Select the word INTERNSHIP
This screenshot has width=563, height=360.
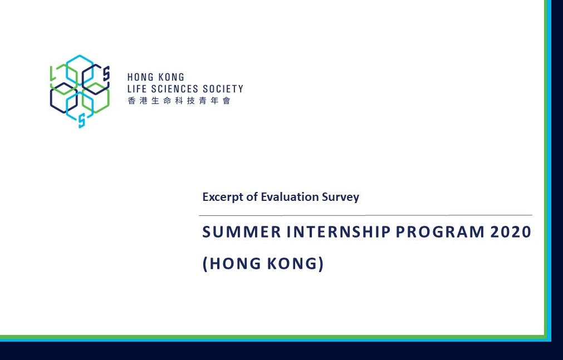point(339,232)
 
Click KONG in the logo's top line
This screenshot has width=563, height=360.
point(172,77)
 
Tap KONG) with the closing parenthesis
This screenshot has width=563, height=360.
point(296,263)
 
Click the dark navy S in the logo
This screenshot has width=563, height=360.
point(106,73)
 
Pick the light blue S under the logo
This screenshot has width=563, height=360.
point(82,121)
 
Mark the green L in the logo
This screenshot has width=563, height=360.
point(53,73)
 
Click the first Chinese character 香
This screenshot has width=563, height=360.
point(132,101)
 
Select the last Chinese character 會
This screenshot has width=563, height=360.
point(226,101)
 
